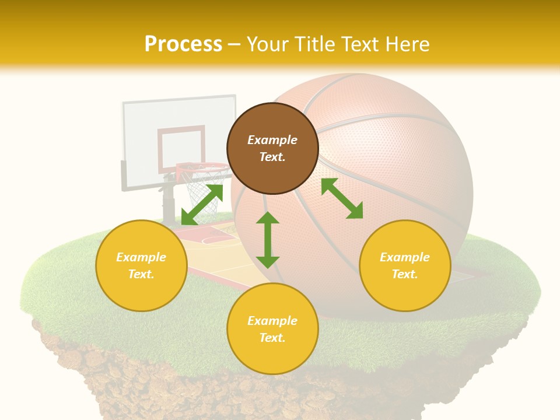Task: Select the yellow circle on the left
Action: [x=141, y=265]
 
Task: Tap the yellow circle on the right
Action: [x=405, y=265]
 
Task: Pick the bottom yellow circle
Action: [x=272, y=329]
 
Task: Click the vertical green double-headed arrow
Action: [x=268, y=240]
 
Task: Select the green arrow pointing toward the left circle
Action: [x=202, y=205]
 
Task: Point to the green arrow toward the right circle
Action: [x=342, y=198]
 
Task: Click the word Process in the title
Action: [x=183, y=44]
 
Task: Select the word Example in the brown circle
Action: [x=272, y=140]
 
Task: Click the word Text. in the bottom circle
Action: [x=272, y=338]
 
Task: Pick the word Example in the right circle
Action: [x=405, y=257]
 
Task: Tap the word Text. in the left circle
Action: [x=141, y=274]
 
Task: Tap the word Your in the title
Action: [x=265, y=44]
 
